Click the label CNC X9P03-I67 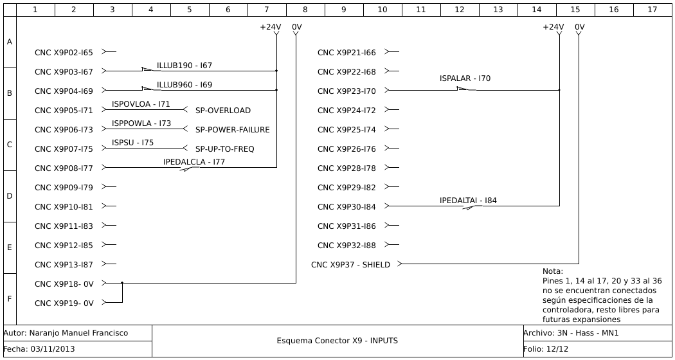(64, 72)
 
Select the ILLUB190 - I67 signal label (184, 66)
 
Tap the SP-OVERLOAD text (223, 111)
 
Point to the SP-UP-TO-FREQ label (225, 149)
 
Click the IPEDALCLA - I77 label (194, 162)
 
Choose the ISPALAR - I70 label (465, 78)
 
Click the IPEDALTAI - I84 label (468, 201)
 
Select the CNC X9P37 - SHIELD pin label (350, 265)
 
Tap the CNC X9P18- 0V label (64, 284)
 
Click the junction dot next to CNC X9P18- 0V (122, 283)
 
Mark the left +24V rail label (271, 27)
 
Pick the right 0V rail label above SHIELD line (580, 27)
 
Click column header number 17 (652, 10)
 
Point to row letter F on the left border (9, 299)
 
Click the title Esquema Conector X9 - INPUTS (337, 341)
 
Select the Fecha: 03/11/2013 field (39, 349)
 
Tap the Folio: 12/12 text (546, 349)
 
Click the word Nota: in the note (552, 271)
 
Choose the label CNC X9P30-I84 (346, 207)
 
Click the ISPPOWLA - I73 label (141, 123)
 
